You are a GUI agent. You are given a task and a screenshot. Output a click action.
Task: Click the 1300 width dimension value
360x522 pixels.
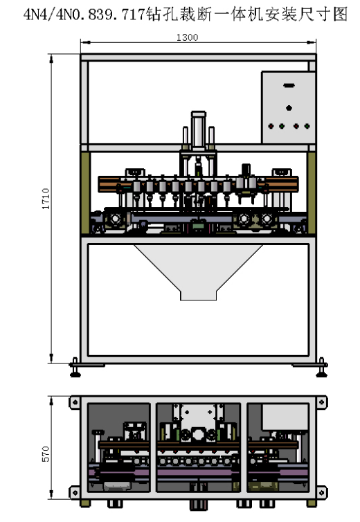pyautogui.click(x=187, y=37)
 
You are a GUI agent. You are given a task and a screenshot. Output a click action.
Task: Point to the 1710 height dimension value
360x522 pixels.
pyautogui.click(x=46, y=199)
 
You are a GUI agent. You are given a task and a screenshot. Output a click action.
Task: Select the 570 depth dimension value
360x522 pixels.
pyautogui.click(x=46, y=453)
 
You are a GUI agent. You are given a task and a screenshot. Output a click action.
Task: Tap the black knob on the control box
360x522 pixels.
pyautogui.click(x=289, y=108)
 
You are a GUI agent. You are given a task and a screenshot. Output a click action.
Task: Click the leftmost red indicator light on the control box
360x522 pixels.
pyautogui.click(x=271, y=126)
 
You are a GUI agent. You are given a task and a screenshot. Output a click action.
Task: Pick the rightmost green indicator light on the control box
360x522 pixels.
pyautogui.click(x=307, y=126)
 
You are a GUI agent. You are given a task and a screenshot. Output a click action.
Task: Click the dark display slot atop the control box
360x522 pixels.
pyautogui.click(x=289, y=86)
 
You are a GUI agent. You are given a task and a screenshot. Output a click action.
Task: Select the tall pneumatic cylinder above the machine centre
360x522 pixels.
pyautogui.click(x=199, y=130)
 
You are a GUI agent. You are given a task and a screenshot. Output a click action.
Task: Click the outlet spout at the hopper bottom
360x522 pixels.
pyautogui.click(x=198, y=296)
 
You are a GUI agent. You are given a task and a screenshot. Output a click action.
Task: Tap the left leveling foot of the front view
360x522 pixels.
pyautogui.click(x=75, y=368)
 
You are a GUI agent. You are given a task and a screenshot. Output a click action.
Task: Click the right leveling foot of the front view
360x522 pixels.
pyautogui.click(x=321, y=368)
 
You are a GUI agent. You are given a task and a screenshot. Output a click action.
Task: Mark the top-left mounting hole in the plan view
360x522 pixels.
pyautogui.click(x=75, y=402)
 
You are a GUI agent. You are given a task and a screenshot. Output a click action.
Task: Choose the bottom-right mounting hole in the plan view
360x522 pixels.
pyautogui.click(x=321, y=492)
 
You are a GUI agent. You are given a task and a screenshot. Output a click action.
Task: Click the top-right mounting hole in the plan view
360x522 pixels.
pyautogui.click(x=321, y=402)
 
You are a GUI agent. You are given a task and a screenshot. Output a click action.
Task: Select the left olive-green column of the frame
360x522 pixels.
pyautogui.click(x=86, y=193)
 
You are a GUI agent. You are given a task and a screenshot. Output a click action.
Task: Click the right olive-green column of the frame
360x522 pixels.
pyautogui.click(x=312, y=193)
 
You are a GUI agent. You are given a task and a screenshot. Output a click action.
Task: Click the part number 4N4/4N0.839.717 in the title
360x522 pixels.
pyautogui.click(x=84, y=15)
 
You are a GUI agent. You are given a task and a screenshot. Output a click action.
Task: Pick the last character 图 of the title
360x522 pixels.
pyautogui.click(x=341, y=15)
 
